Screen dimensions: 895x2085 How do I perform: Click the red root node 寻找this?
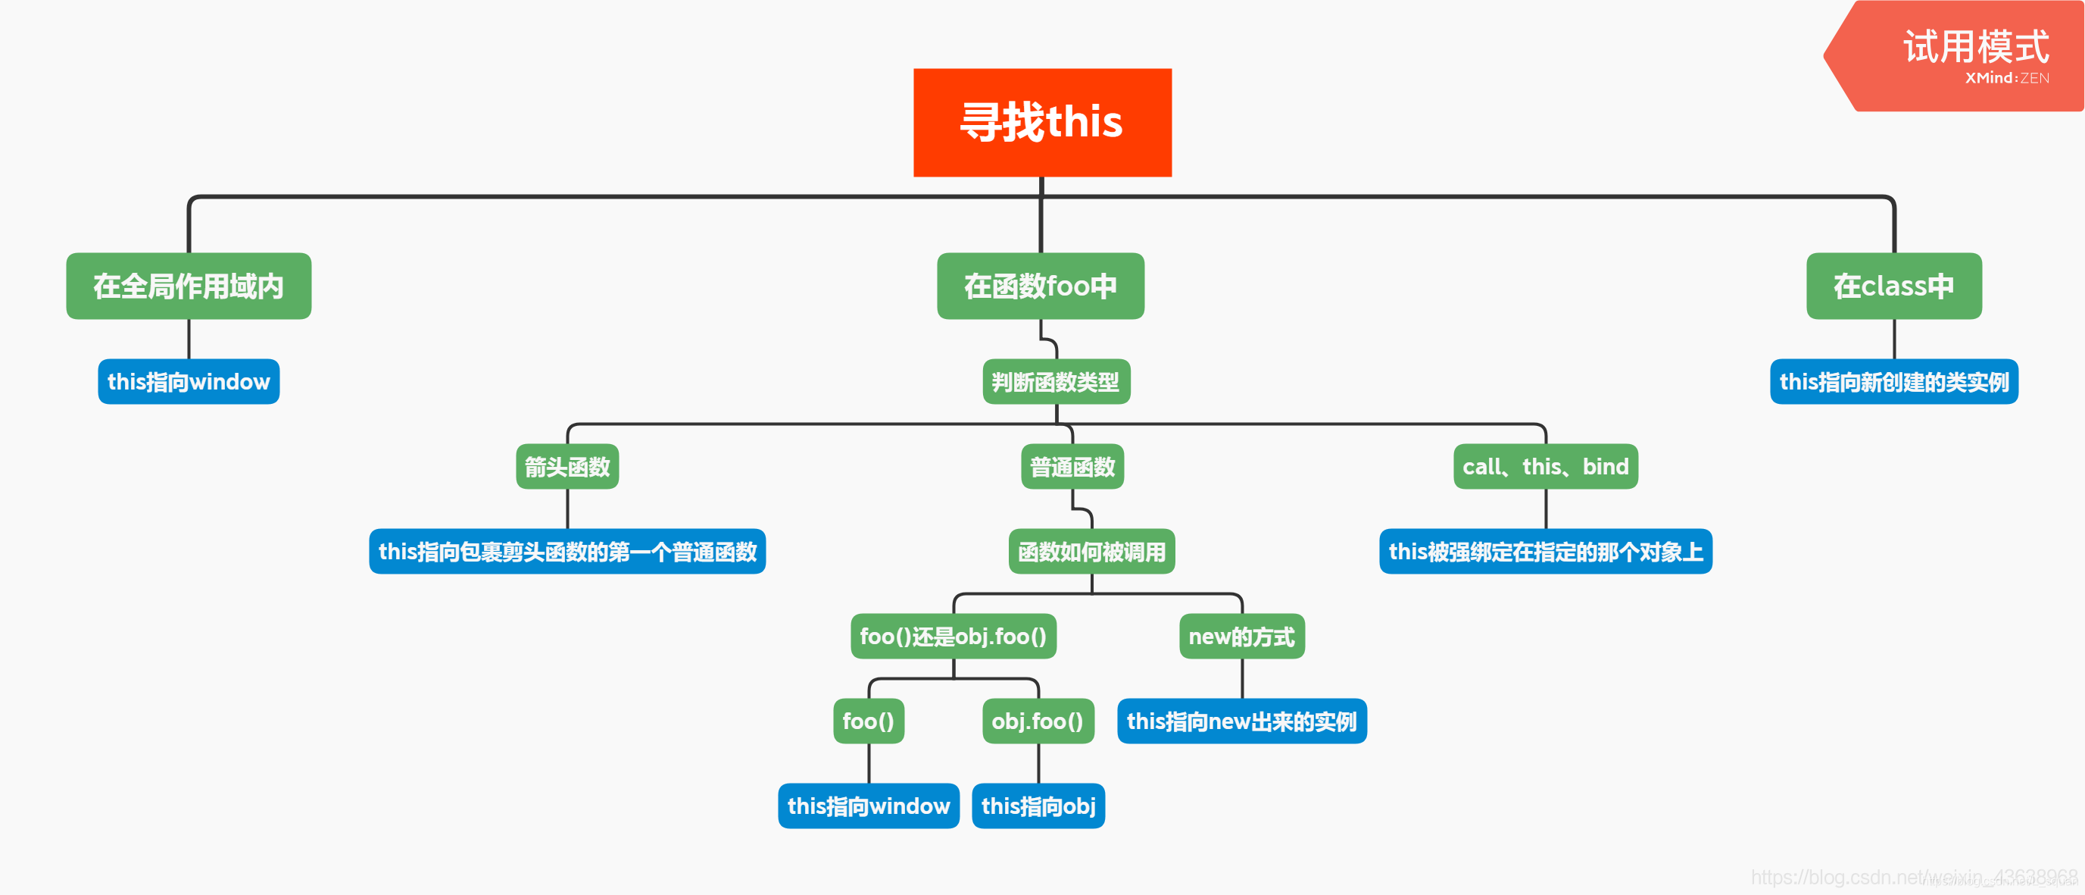pos(1041,122)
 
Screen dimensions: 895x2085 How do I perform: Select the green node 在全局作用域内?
pos(189,286)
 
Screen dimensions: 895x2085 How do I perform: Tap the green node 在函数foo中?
pos(1040,286)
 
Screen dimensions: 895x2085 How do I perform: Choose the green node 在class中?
pos(1893,286)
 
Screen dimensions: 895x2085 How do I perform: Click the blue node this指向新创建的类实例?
pos(1893,381)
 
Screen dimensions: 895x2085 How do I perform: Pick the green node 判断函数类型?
pos(1056,381)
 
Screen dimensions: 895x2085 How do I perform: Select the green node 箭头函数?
pos(567,467)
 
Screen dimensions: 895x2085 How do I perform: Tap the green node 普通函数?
pos(1072,467)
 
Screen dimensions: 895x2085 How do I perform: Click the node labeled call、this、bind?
pos(1545,467)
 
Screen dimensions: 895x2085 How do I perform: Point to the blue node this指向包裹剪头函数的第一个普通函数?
pos(567,552)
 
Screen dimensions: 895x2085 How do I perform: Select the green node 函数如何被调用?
pos(1091,552)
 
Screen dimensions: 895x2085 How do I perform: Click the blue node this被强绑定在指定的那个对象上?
pos(1545,552)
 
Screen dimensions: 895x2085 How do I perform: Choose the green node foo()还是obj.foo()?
pos(953,637)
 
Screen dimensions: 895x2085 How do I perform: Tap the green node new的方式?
pos(1241,637)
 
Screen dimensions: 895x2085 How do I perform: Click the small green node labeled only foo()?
pos(868,721)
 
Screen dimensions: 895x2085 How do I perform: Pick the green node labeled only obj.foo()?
pos(1038,721)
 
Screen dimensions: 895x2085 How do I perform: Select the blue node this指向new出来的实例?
pos(1241,721)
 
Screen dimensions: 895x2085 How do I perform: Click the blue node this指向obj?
pos(1038,806)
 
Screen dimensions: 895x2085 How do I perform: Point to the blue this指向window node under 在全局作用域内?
pos(189,381)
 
